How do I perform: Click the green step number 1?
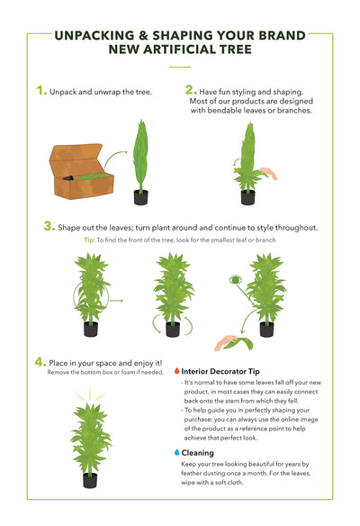(x=41, y=91)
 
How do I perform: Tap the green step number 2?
(x=191, y=90)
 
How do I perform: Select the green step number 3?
(x=49, y=226)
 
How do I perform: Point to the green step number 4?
(x=40, y=362)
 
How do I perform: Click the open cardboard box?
(x=82, y=171)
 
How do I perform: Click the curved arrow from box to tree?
(x=115, y=158)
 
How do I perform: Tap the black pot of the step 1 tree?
(x=140, y=197)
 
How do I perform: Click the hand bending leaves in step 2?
(x=269, y=173)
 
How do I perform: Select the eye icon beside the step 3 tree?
(x=235, y=279)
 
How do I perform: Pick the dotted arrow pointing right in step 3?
(x=116, y=301)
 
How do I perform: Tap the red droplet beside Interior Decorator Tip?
(x=176, y=371)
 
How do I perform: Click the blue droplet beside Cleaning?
(x=177, y=452)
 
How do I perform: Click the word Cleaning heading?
(x=197, y=453)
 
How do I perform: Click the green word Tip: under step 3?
(x=89, y=240)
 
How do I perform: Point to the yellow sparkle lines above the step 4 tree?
(x=90, y=394)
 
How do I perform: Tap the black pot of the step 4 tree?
(x=90, y=480)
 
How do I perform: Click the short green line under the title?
(x=180, y=67)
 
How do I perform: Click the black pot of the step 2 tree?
(x=248, y=197)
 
